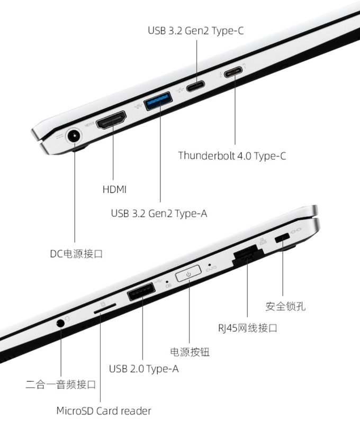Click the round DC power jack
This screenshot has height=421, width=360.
[74, 136]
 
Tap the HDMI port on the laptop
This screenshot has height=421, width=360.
[111, 120]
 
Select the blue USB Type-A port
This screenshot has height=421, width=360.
[158, 100]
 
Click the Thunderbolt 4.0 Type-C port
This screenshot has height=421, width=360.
[233, 72]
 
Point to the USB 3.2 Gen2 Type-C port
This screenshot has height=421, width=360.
[195, 86]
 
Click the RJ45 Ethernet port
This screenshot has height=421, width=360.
[247, 255]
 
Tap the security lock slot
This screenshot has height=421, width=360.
[282, 237]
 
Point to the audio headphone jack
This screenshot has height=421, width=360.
[60, 323]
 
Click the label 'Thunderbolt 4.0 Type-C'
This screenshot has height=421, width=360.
[232, 155]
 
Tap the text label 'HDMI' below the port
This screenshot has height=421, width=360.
[114, 189]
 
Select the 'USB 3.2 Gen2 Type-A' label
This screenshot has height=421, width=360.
[159, 214]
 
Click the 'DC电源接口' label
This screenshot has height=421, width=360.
[76, 254]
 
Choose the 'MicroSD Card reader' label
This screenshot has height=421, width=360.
[104, 411]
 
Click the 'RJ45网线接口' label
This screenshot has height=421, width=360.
[248, 328]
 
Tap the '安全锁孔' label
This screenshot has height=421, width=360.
[285, 306]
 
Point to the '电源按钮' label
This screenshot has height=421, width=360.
[190, 352]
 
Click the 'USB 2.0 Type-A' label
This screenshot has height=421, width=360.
[144, 369]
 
